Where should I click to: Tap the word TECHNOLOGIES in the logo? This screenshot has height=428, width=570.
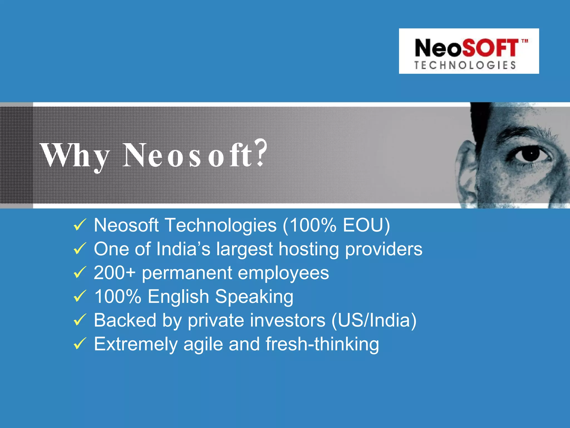465,65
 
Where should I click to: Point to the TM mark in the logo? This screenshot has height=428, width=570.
525,41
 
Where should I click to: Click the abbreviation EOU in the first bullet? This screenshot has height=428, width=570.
363,225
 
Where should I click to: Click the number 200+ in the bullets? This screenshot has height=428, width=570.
114,273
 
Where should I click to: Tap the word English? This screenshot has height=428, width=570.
178,297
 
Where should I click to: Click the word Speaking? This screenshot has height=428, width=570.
254,297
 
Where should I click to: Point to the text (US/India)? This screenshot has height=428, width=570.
374,320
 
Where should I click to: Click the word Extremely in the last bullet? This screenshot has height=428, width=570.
136,344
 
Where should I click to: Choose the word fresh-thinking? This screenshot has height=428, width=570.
322,344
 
